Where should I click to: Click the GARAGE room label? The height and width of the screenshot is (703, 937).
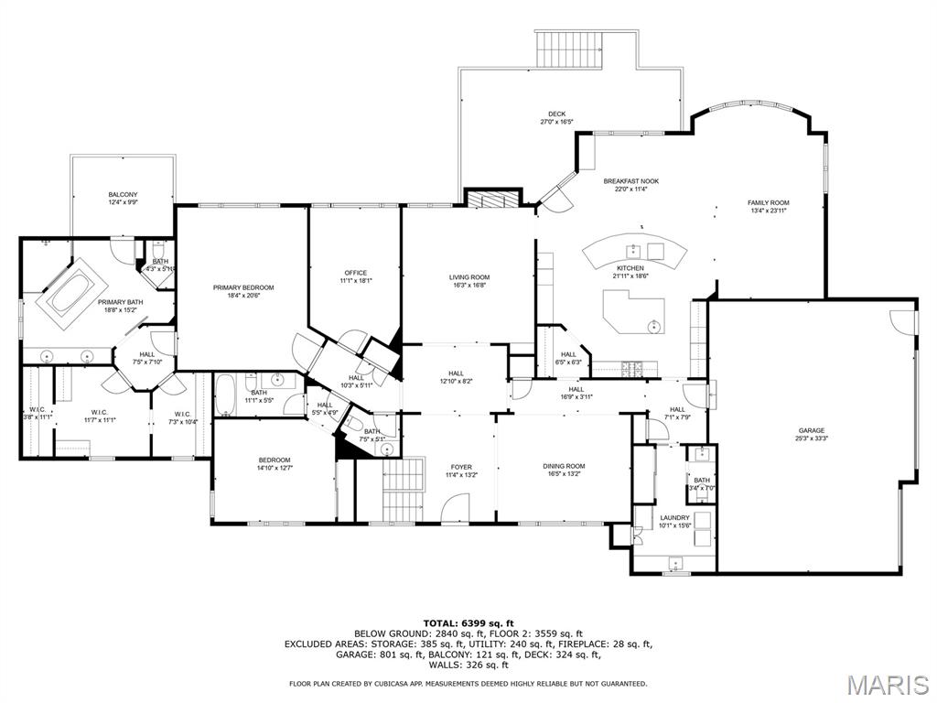pos(811,430)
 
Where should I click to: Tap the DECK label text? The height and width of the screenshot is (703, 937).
pos(556,114)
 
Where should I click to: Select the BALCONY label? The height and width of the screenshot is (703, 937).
pos(123,194)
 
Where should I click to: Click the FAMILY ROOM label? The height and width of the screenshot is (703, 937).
pos(768,202)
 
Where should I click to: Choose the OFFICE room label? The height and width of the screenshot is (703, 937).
pos(356,273)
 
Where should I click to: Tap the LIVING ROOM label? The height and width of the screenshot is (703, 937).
pos(468,277)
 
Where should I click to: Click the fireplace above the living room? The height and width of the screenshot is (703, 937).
pos(492,200)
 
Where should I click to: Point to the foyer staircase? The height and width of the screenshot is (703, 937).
pos(404,477)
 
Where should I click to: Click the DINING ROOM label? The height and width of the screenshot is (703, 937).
pos(565,466)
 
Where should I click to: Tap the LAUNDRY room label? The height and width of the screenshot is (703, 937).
pos(674,517)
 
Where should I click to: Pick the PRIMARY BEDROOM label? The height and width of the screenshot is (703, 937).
pos(243,287)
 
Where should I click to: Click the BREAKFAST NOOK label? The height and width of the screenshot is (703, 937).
pos(630,181)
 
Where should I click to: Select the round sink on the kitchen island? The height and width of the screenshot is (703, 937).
pos(654,326)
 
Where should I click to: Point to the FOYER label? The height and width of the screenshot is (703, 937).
pos(461,466)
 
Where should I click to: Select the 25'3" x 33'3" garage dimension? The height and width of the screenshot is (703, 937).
pos(811,438)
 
